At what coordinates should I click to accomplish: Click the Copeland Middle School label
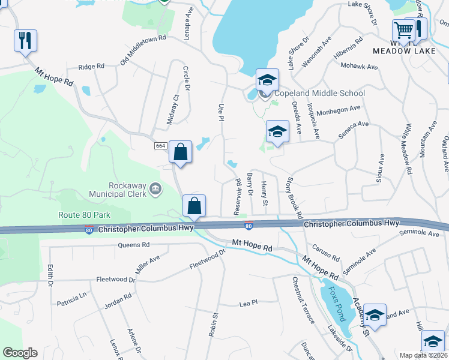319,93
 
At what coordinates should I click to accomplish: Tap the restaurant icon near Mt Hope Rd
25,40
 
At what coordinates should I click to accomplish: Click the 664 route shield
160,146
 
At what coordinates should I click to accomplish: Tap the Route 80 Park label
85,215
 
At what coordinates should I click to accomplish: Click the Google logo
20,353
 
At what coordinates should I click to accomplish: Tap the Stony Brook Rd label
294,197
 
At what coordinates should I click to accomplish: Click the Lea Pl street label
248,303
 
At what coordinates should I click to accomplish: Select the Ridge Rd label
91,67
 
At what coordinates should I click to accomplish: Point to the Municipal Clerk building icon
155,189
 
